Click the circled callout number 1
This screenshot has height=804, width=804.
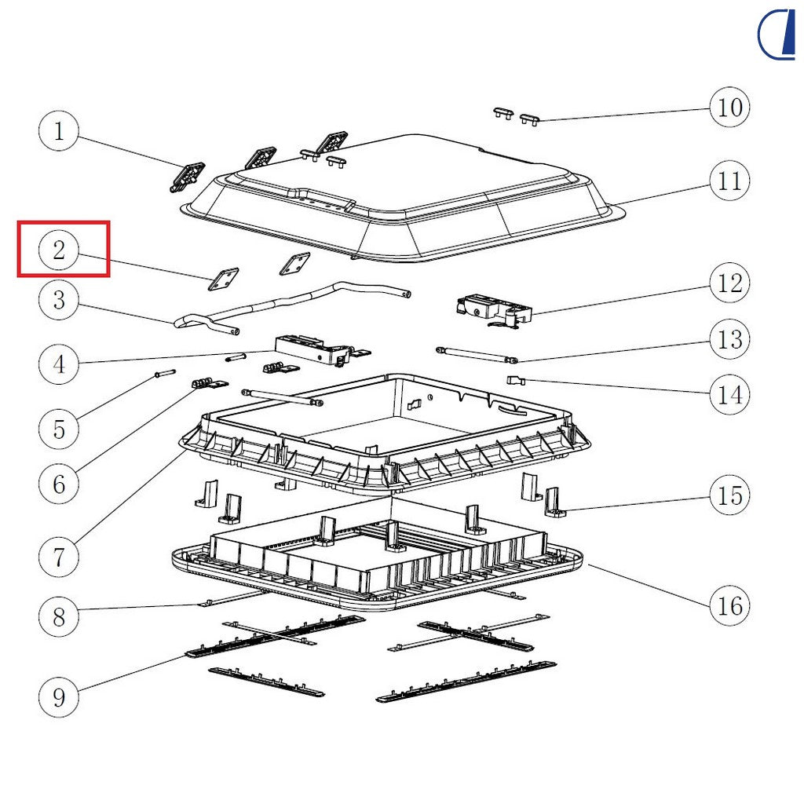tap(59, 131)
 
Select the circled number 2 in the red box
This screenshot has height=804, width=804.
tap(59, 250)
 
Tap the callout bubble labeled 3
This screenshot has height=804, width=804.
tap(59, 300)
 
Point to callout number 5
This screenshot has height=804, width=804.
tap(59, 429)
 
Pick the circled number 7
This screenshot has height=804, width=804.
tap(59, 557)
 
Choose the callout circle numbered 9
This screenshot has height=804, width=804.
tap(59, 697)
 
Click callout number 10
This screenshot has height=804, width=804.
tap(729, 107)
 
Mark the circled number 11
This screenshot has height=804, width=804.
tap(729, 181)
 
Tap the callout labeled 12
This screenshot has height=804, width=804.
tap(729, 283)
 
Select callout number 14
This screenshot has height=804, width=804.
tap(729, 395)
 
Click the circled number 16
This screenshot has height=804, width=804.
tap(729, 605)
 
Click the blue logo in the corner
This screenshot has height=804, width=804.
tap(777, 35)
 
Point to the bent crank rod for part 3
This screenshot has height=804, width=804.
tap(292, 307)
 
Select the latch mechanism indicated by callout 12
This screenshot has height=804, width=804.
tap(494, 311)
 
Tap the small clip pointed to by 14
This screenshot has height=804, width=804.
tap(516, 381)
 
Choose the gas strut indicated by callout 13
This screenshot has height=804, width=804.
tap(477, 355)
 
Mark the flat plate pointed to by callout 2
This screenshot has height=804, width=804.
tap(223, 279)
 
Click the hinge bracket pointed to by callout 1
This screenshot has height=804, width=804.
tap(188, 177)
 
